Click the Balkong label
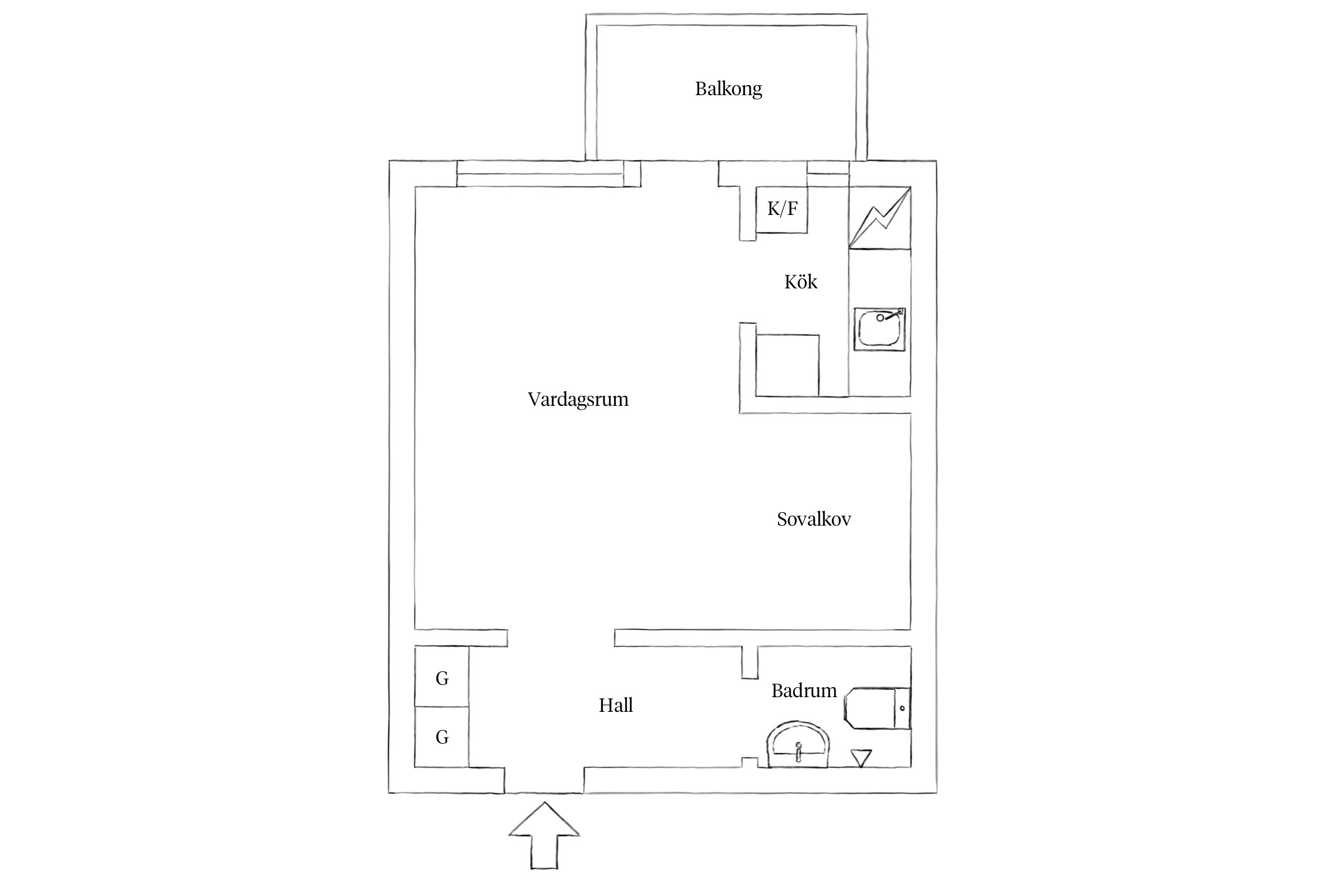(x=728, y=89)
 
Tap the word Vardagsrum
(x=578, y=400)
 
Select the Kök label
(x=800, y=283)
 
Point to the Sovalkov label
(x=814, y=519)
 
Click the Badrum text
(x=804, y=691)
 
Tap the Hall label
(x=615, y=705)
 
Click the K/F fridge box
(x=781, y=209)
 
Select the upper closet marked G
(x=442, y=678)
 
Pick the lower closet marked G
(x=442, y=737)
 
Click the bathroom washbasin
(x=798, y=746)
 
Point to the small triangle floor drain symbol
(x=861, y=758)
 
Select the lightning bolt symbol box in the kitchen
(x=879, y=217)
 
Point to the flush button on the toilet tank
(x=902, y=708)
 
